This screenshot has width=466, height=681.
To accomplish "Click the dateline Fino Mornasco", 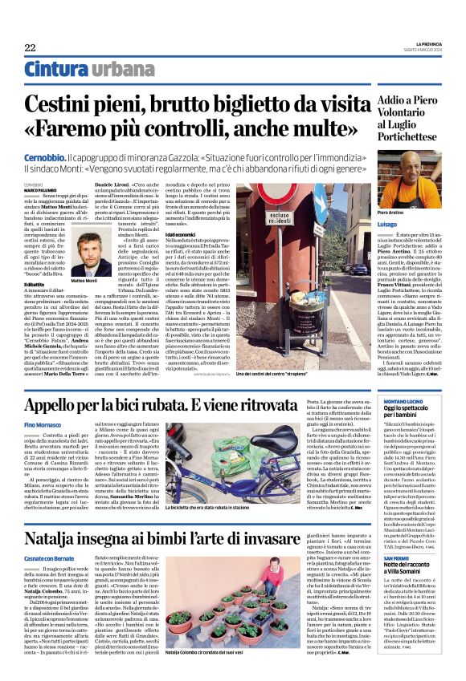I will (43, 424).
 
